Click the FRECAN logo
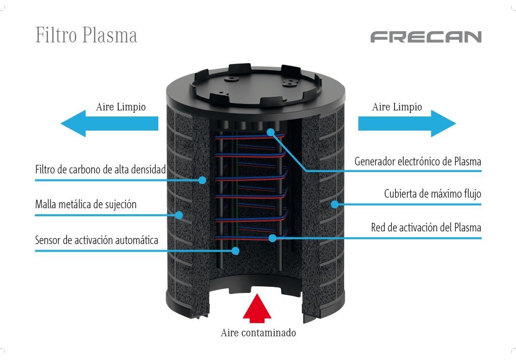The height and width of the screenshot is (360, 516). [x=426, y=37]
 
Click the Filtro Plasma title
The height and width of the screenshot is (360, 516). [x=86, y=35]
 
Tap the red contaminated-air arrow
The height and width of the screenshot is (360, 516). [x=257, y=308]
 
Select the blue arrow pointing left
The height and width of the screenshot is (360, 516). [x=109, y=124]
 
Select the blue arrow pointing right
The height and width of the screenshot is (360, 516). [x=407, y=124]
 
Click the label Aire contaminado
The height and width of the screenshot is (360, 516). [x=259, y=333]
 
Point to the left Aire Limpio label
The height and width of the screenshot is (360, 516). [x=121, y=107]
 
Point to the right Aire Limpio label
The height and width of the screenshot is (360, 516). [x=397, y=107]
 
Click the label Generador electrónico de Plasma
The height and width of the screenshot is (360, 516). [x=418, y=161]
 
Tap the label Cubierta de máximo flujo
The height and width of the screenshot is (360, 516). [x=432, y=194]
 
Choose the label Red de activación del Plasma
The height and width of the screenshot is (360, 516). [x=426, y=227]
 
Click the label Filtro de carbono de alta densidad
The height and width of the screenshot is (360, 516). [x=100, y=169]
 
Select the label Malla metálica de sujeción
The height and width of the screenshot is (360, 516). [x=86, y=205]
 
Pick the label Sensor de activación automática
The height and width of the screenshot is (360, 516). [x=96, y=240]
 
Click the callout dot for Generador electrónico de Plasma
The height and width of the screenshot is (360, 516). [x=271, y=132]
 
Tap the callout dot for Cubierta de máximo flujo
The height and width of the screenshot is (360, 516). [x=335, y=204]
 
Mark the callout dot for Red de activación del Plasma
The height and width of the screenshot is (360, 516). [x=272, y=238]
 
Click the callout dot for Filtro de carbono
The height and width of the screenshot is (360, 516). [x=203, y=180]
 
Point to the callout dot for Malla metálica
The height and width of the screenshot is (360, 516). [x=179, y=215]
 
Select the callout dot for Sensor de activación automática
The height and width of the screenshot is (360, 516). [x=235, y=251]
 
